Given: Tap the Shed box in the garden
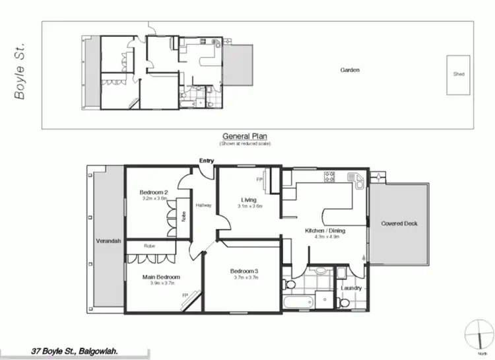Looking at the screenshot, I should [x=459, y=74].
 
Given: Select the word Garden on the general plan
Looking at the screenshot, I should [x=350, y=69].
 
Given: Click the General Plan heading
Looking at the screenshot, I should [x=244, y=135].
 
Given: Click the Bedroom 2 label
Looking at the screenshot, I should [x=154, y=192].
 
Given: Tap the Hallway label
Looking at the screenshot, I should [x=203, y=205].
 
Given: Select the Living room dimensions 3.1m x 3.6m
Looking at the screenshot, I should [x=250, y=206].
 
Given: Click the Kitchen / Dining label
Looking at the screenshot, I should [x=322, y=231].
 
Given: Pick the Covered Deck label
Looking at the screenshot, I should [x=399, y=223].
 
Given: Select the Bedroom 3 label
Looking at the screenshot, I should [x=245, y=271].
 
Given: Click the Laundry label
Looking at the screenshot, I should [x=350, y=287].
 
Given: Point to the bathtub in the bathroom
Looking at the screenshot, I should [x=298, y=303].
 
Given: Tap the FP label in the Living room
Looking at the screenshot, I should [x=259, y=179].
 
